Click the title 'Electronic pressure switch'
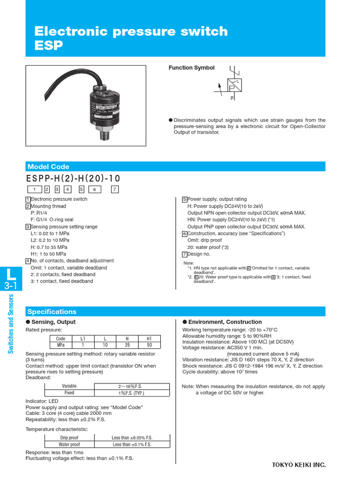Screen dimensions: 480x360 pos(131,31)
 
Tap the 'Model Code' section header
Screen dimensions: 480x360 pos(48,166)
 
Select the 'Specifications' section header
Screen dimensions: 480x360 pos(52,312)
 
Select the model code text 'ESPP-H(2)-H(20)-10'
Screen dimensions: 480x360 pos(73,179)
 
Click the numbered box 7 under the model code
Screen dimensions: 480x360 pos(115,189)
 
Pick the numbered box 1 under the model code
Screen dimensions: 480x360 pos(34,189)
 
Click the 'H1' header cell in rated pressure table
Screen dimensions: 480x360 pos(149,338)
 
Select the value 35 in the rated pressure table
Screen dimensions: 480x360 pos(127,345)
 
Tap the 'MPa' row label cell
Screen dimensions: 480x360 pos(60,345)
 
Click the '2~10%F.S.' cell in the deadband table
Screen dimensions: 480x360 pos(132,386)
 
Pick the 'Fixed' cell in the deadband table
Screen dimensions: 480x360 pos(69,393)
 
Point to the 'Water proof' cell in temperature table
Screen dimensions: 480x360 pos(69,444)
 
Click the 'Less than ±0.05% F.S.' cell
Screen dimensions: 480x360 pos(132,438)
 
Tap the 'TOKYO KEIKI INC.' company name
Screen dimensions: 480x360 pos(299,465)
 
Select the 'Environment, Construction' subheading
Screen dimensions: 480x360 pos(225,322)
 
